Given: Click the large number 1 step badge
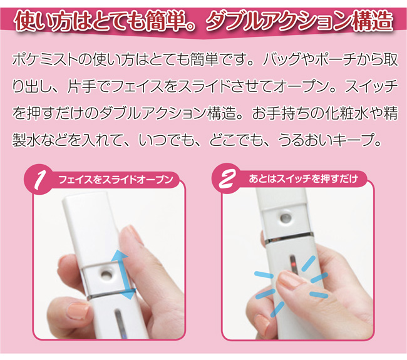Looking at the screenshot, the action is pyautogui.click(x=39, y=179).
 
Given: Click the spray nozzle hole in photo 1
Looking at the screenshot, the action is pyautogui.click(x=106, y=274).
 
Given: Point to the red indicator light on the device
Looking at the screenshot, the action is pyautogui.click(x=293, y=265).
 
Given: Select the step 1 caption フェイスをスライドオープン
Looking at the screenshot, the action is pyautogui.click(x=116, y=179).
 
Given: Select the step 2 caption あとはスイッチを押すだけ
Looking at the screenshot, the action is pyautogui.click(x=304, y=178).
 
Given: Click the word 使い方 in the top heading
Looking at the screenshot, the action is pyautogui.click(x=43, y=21).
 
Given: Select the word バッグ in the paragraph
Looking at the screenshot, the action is pyautogui.click(x=285, y=60).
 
